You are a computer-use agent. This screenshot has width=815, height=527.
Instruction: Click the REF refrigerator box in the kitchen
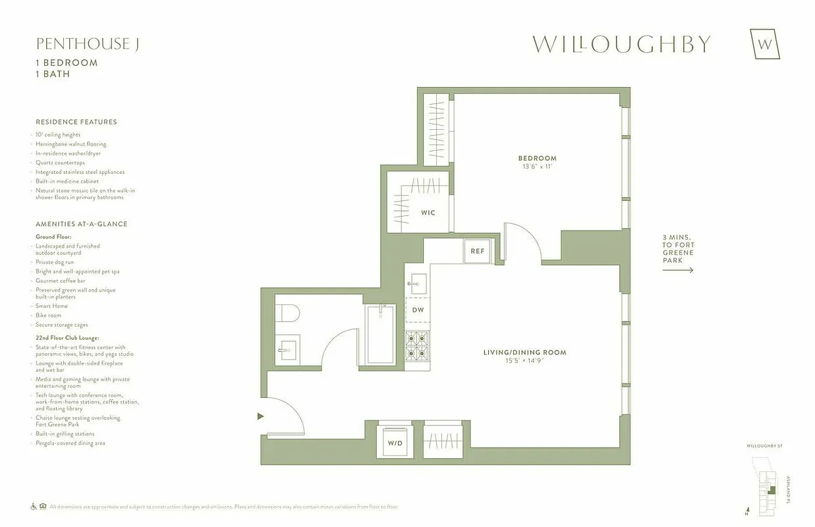tap(478, 252)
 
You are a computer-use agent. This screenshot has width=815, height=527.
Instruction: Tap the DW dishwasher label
tap(418, 310)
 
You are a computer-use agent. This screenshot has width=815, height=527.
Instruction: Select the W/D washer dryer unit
tap(395, 443)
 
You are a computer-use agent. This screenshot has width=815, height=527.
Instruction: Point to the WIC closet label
tap(428, 213)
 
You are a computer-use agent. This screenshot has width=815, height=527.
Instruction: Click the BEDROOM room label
tap(537, 158)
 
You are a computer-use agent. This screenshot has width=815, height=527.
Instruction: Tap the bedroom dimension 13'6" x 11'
tap(537, 167)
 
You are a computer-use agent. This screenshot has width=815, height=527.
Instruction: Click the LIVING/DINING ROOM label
tap(524, 352)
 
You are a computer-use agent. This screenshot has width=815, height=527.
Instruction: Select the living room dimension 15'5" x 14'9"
tap(524, 361)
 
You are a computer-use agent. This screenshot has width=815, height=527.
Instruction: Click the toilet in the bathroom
tap(287, 313)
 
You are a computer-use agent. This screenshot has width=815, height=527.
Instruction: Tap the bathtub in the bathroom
tap(381, 334)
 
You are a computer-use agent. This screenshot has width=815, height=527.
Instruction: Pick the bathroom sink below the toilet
tap(287, 349)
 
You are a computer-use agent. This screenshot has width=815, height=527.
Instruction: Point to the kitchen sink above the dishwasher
tap(417, 284)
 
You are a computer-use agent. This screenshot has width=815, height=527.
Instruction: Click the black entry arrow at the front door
tap(261, 416)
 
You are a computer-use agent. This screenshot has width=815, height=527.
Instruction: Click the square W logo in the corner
tap(765, 45)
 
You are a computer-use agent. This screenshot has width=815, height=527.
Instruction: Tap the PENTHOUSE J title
tap(87, 44)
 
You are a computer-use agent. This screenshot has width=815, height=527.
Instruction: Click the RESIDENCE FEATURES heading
tap(76, 122)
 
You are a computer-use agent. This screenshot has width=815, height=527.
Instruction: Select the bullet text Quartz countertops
tap(60, 163)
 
